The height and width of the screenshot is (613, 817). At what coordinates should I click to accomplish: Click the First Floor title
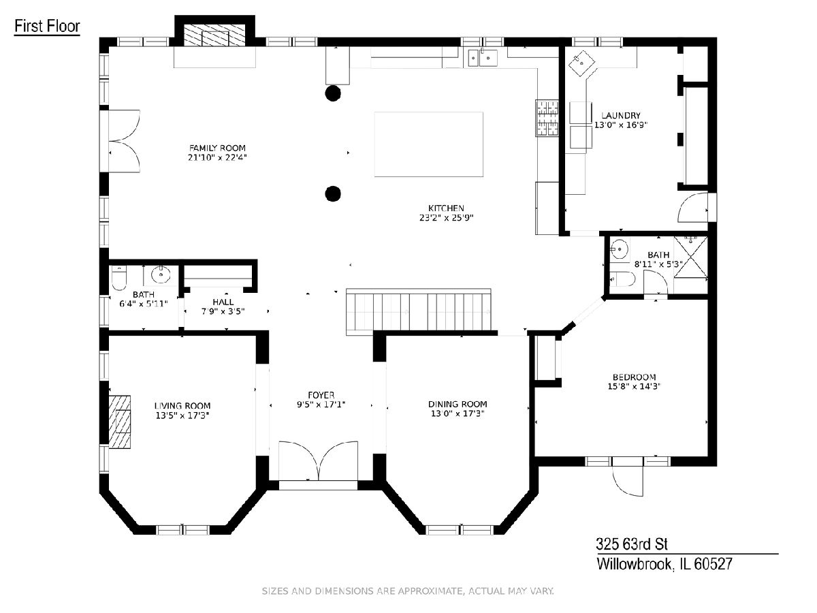47,27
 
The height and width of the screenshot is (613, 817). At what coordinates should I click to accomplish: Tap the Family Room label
217,148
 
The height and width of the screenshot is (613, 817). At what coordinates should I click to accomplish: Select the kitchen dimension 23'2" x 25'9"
446,217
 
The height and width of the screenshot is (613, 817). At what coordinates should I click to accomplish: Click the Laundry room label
621,115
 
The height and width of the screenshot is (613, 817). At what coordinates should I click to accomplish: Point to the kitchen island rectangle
428,144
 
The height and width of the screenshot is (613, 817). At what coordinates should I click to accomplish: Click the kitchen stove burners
547,118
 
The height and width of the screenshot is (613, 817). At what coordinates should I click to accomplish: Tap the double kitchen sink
483,58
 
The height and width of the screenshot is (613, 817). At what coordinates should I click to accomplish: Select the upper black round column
333,93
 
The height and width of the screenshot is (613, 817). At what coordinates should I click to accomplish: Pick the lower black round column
333,193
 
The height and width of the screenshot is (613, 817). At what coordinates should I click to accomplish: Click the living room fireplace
119,422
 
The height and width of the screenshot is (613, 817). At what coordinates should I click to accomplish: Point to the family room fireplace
214,35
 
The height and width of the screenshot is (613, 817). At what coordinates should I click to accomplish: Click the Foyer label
321,395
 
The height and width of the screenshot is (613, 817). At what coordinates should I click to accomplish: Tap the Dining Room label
458,404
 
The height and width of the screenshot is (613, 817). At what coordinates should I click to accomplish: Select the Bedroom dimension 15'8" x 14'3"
634,386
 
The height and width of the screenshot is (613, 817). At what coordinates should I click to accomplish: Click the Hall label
223,302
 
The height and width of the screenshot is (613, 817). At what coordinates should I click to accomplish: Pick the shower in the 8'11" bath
691,257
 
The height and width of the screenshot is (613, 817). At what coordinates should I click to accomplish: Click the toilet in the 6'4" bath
119,278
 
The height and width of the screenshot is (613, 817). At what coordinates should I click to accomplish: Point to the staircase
419,312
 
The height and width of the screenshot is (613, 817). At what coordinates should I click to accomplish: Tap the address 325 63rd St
632,544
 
